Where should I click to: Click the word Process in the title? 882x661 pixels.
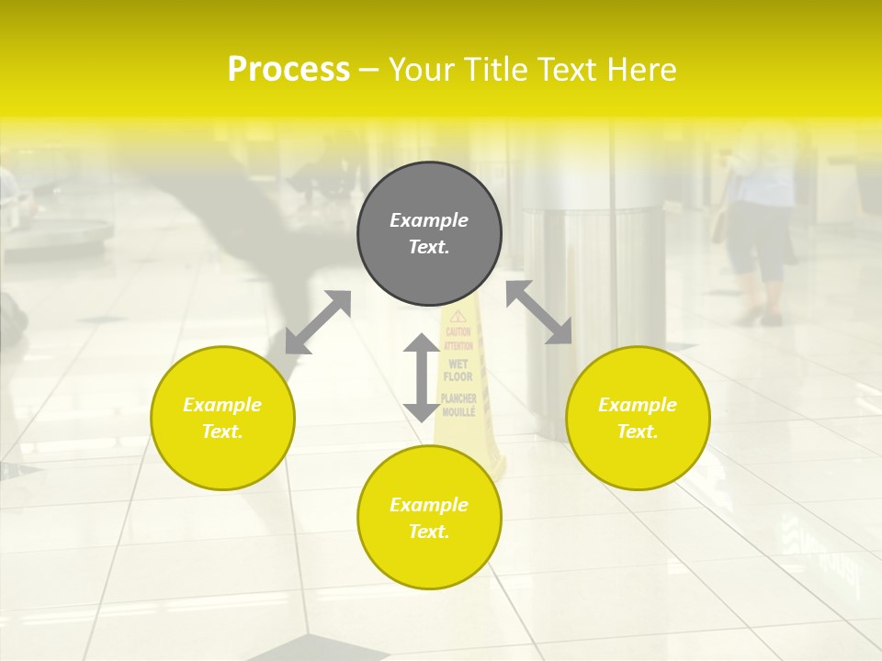[x=288, y=70]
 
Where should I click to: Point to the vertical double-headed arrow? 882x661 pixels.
[x=421, y=377]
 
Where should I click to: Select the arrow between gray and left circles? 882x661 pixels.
[x=318, y=322]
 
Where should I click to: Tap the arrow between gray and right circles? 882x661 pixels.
[x=539, y=312]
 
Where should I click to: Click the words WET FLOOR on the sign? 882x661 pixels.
[x=458, y=370]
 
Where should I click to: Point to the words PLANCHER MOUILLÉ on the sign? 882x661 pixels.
[x=458, y=405]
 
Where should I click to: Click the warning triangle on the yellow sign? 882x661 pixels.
[x=458, y=317]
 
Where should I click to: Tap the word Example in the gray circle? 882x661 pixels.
[x=429, y=220]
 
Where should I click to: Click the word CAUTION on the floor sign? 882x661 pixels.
[x=458, y=332]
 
